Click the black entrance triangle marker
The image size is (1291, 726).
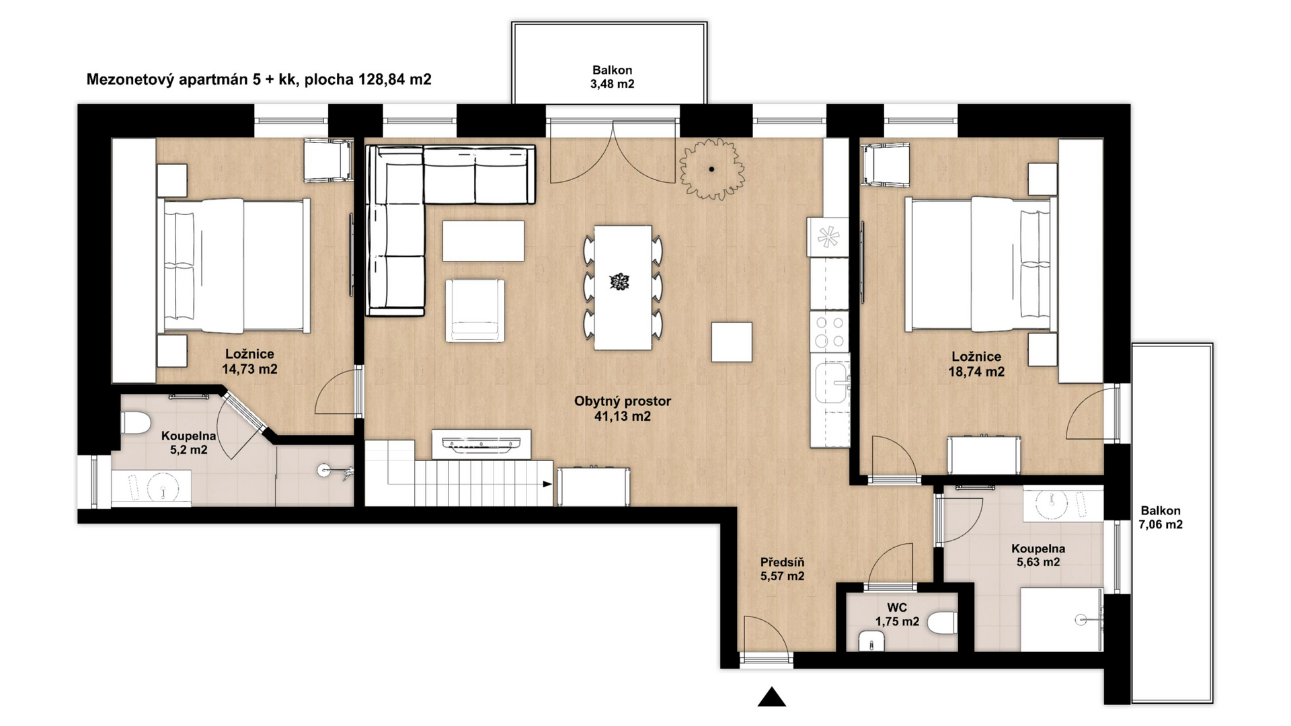pos(772,698)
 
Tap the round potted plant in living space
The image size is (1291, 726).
pos(711,169)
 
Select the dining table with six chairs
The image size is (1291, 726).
pos(623,287)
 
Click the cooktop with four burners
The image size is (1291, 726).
pos(830,331)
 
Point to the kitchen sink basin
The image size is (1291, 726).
pos(831,383)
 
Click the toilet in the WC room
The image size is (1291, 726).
pos(943,622)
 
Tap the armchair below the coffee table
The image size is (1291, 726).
pos(475,311)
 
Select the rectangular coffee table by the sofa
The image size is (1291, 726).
pos(483,241)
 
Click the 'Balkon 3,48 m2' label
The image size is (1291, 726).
pos(612,77)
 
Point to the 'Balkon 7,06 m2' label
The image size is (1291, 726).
pos(1160,518)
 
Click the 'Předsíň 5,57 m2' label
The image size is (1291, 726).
pos(782,569)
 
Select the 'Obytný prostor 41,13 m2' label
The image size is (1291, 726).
pos(623,408)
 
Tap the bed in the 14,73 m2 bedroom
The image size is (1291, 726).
pos(234,266)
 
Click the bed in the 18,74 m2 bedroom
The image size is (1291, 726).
pos(978,264)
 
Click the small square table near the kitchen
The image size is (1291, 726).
pos(732,342)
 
